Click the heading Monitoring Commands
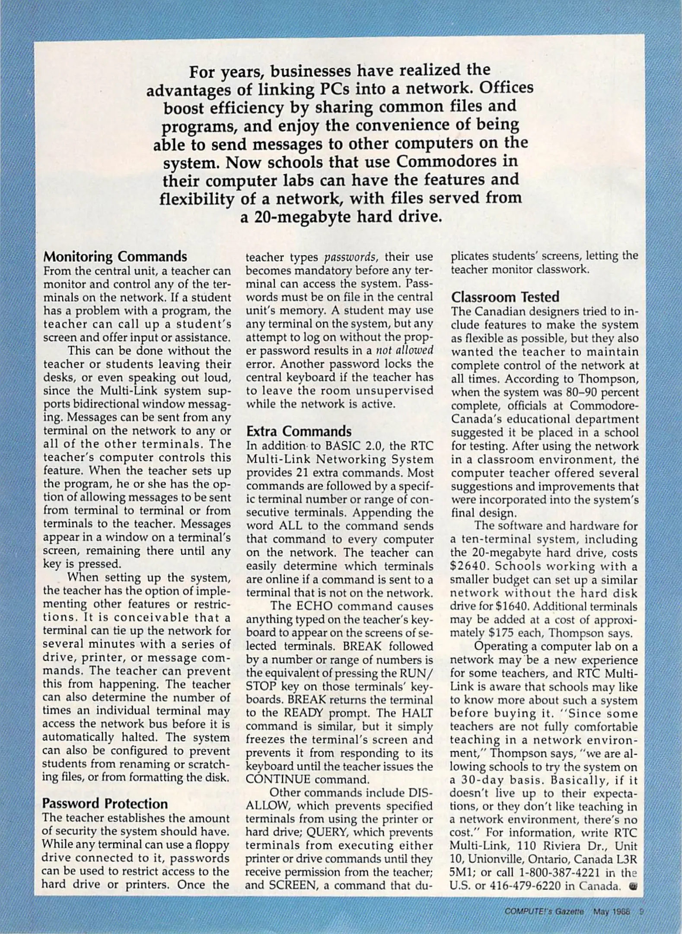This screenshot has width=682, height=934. point(115,257)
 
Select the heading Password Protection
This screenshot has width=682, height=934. point(105,803)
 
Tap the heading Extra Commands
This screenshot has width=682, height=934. point(299,431)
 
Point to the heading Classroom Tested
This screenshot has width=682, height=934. point(505,297)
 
